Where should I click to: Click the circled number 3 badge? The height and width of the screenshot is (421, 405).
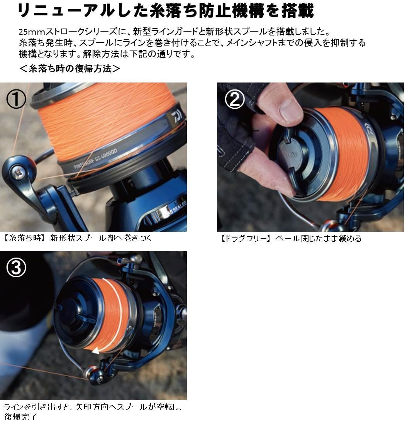[16, 268]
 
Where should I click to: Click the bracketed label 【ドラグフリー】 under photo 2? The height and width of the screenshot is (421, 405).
[244, 239]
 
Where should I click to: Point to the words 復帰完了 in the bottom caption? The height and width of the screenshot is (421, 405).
[20, 416]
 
